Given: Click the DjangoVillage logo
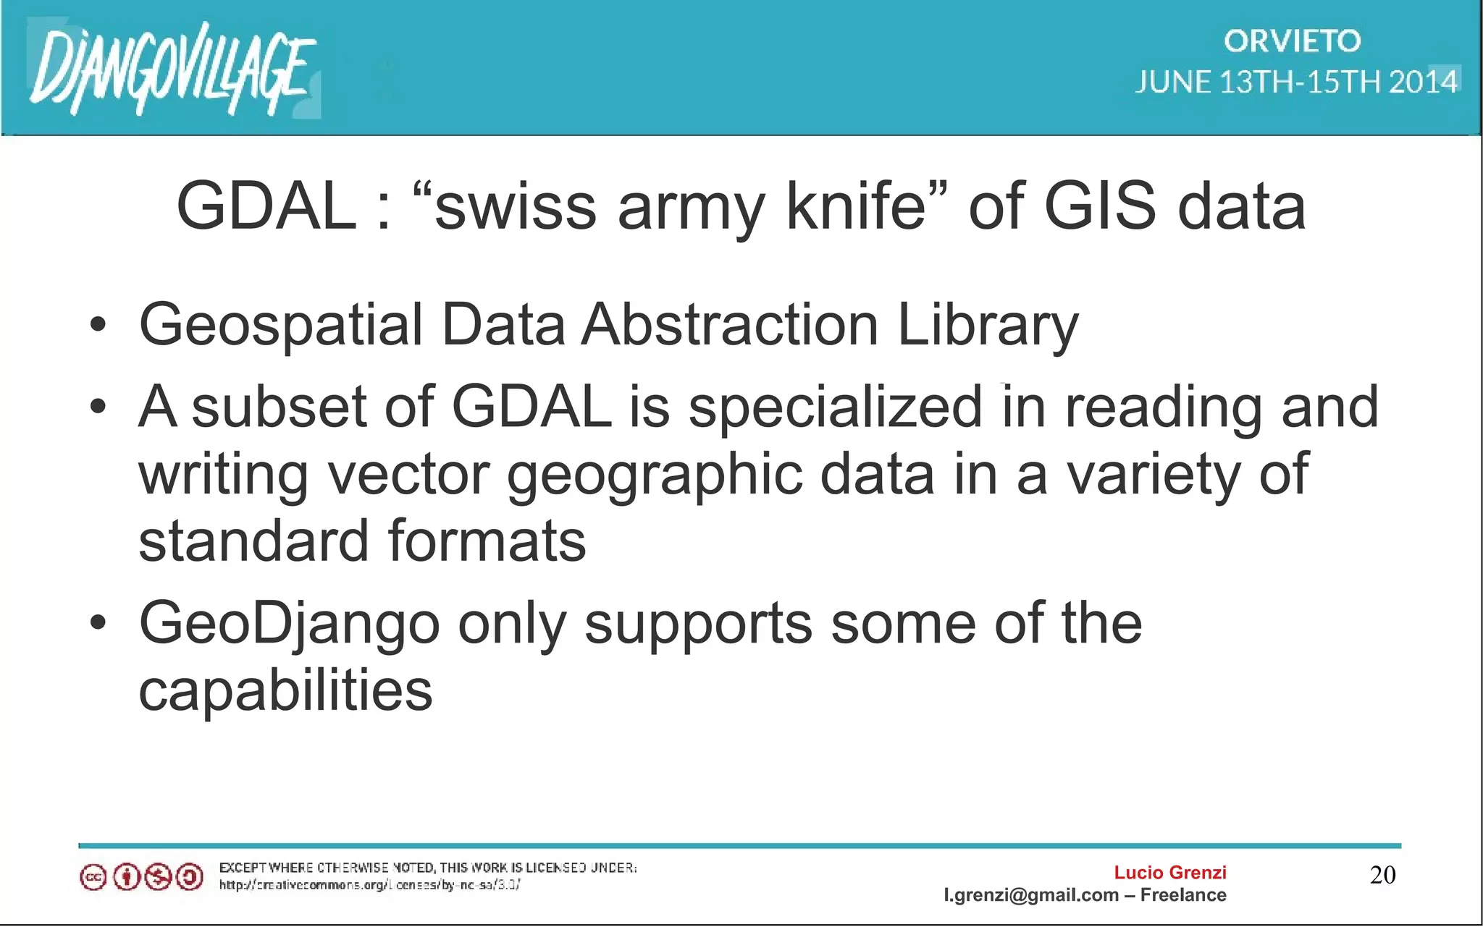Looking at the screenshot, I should tap(172, 69).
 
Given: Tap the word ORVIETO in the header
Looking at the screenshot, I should tap(1292, 41).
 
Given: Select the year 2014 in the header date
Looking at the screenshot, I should tap(1423, 82).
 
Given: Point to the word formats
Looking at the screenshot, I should tap(487, 541).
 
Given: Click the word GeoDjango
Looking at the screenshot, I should tap(289, 625).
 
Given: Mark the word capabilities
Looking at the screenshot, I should tap(285, 690).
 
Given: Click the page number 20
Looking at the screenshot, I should tap(1382, 875).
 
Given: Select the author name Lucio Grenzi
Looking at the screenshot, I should tap(1169, 873).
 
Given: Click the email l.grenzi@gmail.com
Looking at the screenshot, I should tap(1031, 895).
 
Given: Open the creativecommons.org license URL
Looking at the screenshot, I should tap(369, 884).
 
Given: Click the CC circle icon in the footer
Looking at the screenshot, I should tap(93, 878).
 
